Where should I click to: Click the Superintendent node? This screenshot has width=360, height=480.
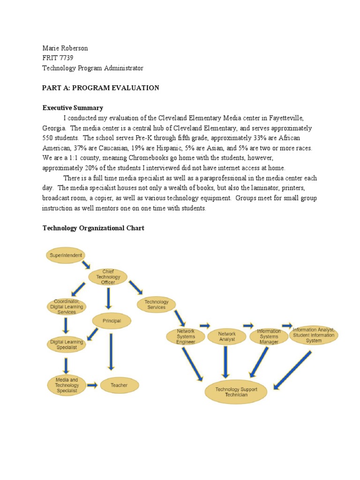click(x=66, y=255)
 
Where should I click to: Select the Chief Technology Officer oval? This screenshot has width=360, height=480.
click(x=108, y=277)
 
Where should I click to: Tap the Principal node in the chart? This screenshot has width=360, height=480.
click(x=111, y=321)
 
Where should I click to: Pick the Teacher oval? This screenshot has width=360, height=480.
click(x=119, y=385)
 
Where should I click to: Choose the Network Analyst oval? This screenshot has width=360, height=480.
click(x=227, y=336)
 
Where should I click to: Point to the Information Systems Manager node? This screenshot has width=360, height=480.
click(x=269, y=337)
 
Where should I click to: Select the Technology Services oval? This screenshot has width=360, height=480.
click(x=156, y=305)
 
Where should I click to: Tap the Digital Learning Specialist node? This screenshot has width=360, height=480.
click(x=67, y=345)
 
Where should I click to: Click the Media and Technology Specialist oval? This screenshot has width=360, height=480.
click(x=67, y=385)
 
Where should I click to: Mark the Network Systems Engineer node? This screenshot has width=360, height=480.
click(x=186, y=336)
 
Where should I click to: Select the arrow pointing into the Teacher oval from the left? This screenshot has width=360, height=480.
click(x=92, y=385)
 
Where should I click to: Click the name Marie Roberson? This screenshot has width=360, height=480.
click(x=65, y=48)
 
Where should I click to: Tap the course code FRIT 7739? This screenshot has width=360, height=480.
click(x=58, y=58)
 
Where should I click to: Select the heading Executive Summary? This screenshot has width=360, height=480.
click(x=73, y=108)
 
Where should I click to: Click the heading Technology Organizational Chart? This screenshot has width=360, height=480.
click(x=93, y=228)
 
